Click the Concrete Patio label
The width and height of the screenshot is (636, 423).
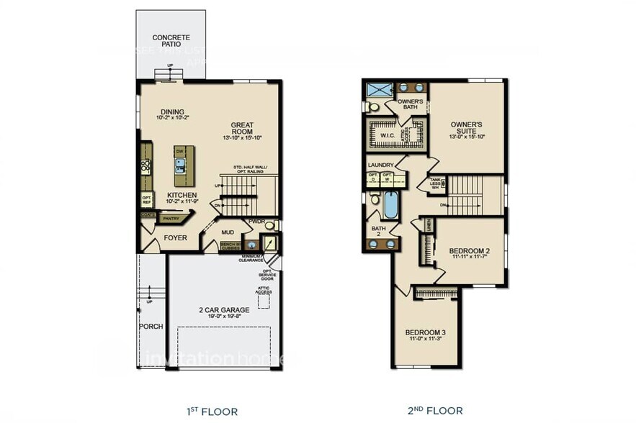coord(171,41)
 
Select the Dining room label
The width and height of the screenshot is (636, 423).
coord(171,113)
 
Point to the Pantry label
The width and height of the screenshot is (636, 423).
coord(171,219)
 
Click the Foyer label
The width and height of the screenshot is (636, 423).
coord(175,237)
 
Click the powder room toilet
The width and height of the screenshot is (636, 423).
coord(269,225)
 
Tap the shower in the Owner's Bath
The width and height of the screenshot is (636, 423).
coord(377,91)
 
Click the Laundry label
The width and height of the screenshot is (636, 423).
coord(381,165)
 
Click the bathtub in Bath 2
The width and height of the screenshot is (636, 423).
coord(390,206)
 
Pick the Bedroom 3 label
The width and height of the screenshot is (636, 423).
coord(425,334)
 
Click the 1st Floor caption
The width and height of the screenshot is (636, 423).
coord(212,411)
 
